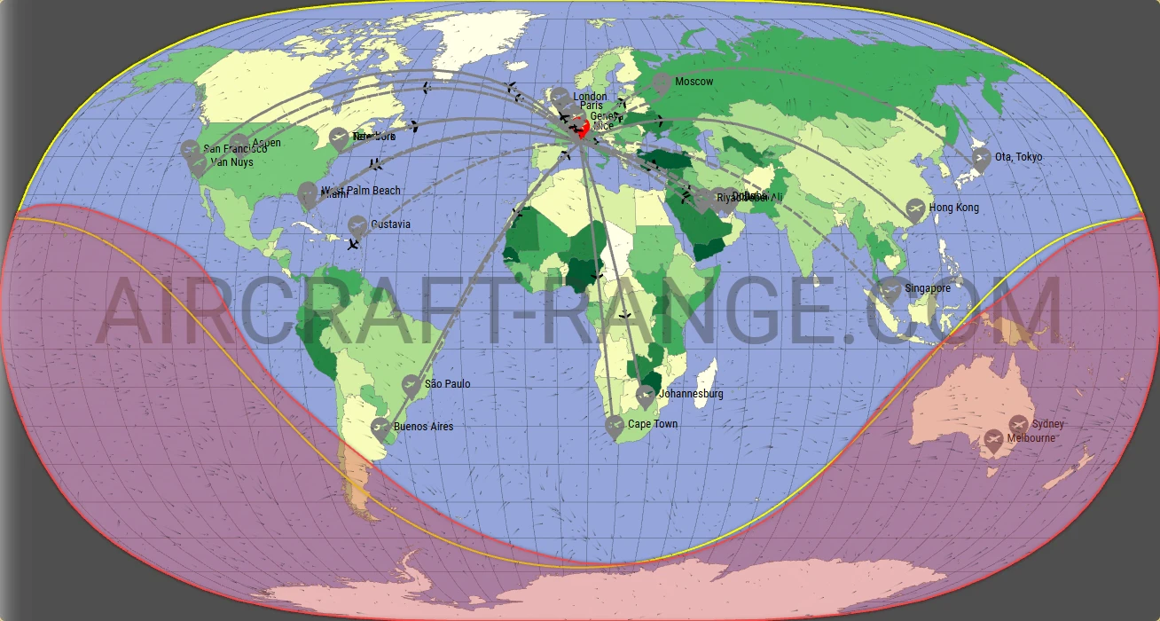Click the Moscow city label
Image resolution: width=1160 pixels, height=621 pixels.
click(694, 82)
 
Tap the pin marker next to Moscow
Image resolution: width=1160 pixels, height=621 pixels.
click(661, 83)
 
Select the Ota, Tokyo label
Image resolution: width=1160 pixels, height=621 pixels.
click(1018, 157)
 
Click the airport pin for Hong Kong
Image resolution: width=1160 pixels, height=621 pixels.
click(915, 209)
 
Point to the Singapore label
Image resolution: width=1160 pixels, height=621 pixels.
click(928, 288)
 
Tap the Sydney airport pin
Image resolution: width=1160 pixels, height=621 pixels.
click(1018, 424)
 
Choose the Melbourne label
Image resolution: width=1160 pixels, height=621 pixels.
click(1031, 438)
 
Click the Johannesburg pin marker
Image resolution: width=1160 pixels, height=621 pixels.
click(646, 395)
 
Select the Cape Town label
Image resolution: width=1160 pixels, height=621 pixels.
click(653, 424)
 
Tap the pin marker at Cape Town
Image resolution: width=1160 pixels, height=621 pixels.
click(615, 426)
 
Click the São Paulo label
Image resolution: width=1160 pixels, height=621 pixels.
click(447, 384)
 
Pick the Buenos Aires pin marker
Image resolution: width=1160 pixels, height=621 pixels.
click(380, 428)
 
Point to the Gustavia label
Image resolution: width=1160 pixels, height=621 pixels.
click(390, 224)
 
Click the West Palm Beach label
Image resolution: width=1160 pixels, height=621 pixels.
click(360, 191)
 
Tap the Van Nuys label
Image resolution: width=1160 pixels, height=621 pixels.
click(231, 162)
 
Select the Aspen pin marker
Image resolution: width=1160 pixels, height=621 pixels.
click(239, 144)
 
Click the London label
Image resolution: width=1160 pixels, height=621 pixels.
click(590, 97)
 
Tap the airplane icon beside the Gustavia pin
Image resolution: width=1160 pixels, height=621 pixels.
click(355, 244)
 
